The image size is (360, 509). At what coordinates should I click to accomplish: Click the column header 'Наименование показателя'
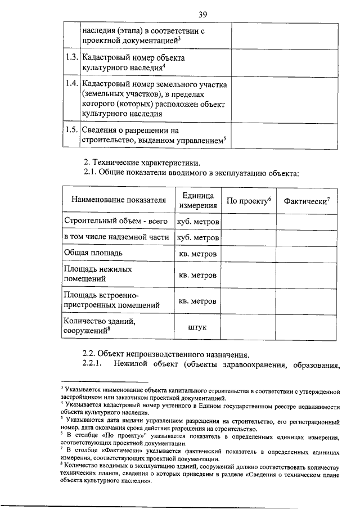pyautogui.click(x=119, y=200)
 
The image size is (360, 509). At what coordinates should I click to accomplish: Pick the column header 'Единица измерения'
pyautogui.click(x=198, y=200)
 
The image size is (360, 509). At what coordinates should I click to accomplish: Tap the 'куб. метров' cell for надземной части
pyautogui.click(x=198, y=237)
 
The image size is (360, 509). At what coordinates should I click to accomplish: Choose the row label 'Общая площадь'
pyautogui.click(x=93, y=253)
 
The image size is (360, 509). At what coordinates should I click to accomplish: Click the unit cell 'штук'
pyautogui.click(x=198, y=326)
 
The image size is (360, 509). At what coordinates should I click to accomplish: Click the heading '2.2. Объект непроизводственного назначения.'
pyautogui.click(x=165, y=354)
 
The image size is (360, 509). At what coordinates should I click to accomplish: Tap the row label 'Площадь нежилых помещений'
pyautogui.click(x=98, y=274)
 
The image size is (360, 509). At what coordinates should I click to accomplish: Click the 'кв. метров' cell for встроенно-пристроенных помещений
pyautogui.click(x=198, y=300)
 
